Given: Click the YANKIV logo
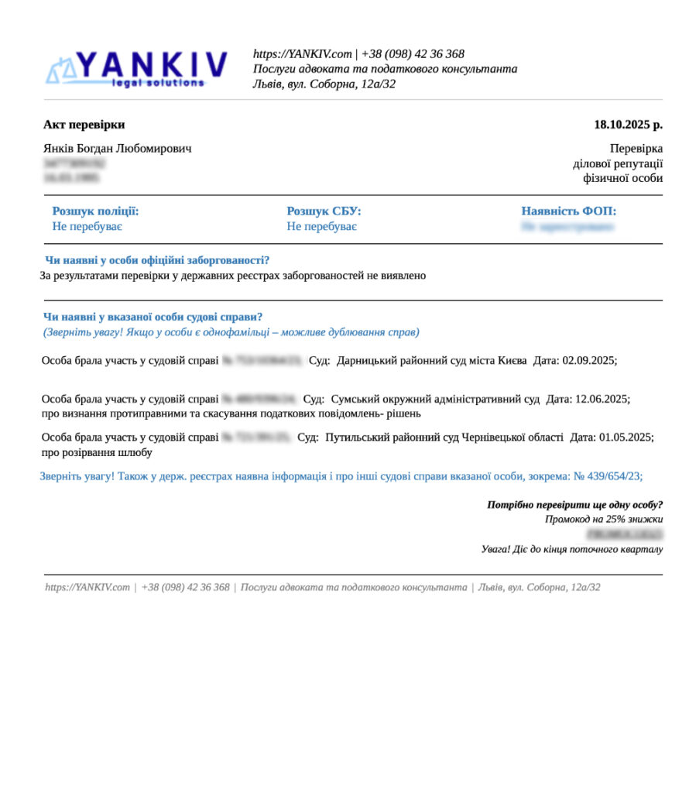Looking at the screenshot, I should click(137, 68).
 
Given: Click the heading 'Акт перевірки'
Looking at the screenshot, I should click(84, 125).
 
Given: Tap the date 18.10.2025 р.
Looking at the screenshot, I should click(628, 125).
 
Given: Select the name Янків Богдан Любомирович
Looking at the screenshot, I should click(117, 148).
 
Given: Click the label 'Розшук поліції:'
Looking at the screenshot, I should click(95, 211).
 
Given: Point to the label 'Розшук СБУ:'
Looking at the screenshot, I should click(324, 211).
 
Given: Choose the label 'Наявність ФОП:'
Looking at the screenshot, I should click(568, 211).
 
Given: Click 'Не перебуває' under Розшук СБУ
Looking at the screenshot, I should click(321, 227).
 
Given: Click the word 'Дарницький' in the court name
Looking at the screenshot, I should click(367, 361).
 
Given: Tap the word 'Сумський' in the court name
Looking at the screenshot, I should click(353, 400).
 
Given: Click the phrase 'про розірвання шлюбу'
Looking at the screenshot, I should click(97, 452).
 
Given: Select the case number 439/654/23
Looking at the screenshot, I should click(614, 476).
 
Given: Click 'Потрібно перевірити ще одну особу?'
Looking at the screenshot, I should click(574, 505).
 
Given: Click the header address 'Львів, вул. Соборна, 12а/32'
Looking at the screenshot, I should click(324, 84).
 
